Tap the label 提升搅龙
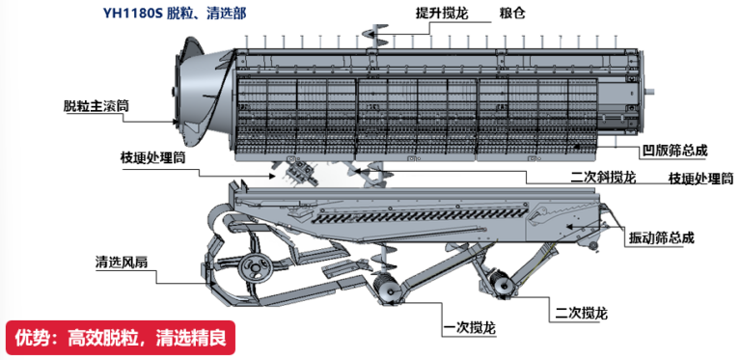click(442, 14)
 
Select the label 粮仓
click(512, 14)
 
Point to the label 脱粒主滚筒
click(96, 106)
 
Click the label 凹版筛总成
click(675, 152)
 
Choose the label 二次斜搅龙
click(603, 178)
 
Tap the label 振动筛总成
click(662, 238)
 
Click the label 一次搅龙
click(471, 328)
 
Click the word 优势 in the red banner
click(28, 338)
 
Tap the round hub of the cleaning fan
click(255, 269)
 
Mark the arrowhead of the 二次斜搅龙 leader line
click(358, 170)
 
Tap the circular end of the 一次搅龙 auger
click(386, 289)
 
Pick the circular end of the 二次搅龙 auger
click(502, 286)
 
